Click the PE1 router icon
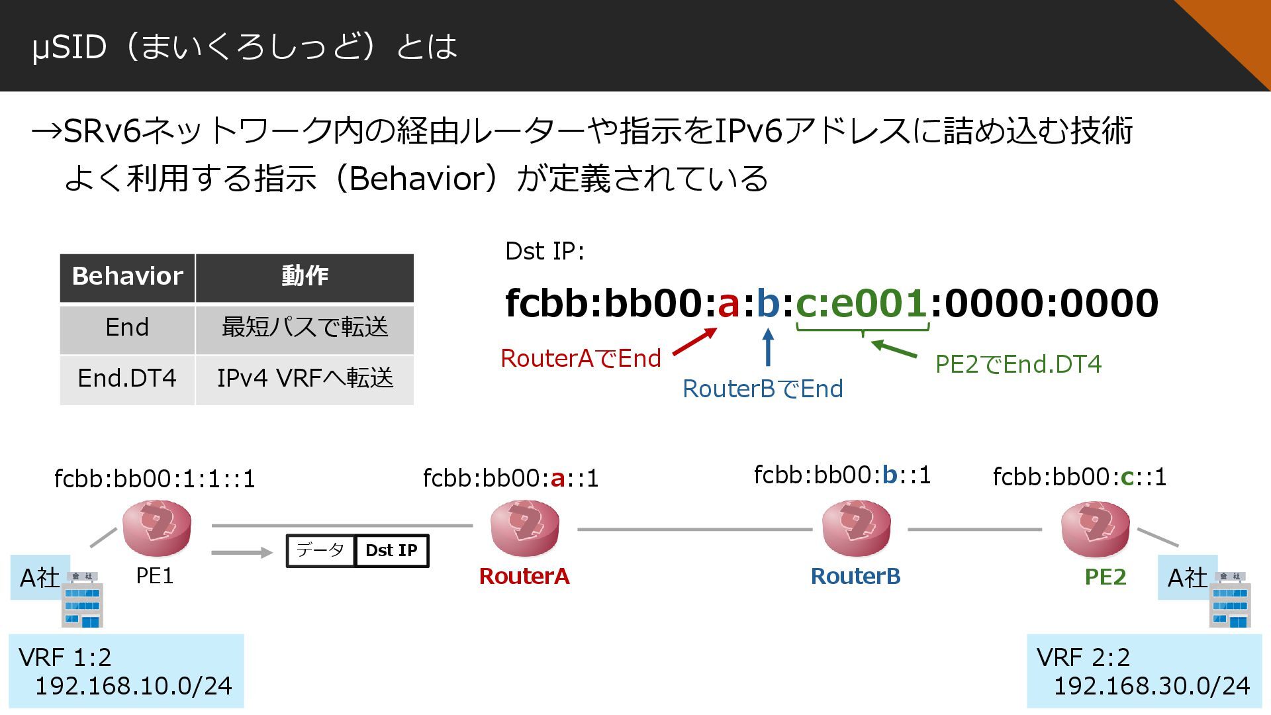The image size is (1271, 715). (x=157, y=528)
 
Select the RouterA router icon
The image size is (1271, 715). (x=524, y=528)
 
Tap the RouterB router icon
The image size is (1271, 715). (x=856, y=528)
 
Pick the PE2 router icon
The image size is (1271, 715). (x=1095, y=528)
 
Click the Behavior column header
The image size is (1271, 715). (x=127, y=277)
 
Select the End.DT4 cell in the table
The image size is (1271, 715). (x=127, y=379)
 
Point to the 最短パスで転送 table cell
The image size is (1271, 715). (x=305, y=328)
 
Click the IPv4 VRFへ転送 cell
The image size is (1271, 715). (x=305, y=379)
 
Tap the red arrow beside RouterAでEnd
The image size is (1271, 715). (x=694, y=342)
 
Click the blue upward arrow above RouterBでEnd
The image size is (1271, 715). (x=768, y=348)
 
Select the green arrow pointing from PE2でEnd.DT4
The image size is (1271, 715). (x=894, y=348)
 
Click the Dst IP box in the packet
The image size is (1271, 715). (x=392, y=551)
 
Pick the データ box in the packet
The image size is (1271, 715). (x=320, y=551)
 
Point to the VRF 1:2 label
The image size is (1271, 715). (x=65, y=657)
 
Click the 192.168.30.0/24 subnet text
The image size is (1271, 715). (x=1151, y=686)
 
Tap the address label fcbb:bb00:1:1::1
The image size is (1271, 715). (x=154, y=479)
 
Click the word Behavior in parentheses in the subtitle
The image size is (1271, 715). (x=418, y=179)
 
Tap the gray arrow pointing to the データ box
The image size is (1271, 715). (x=242, y=552)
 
